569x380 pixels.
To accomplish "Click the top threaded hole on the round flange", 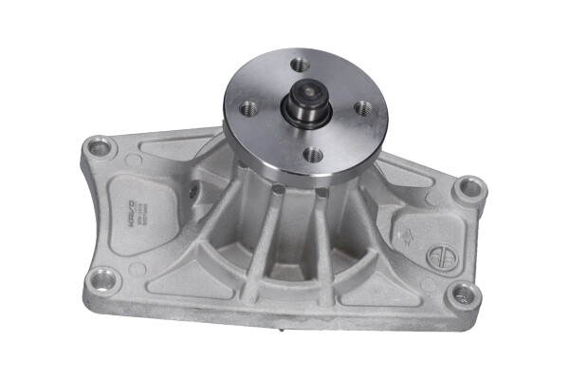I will (x=301, y=65).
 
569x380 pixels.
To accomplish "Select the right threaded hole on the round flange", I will (x=362, y=108).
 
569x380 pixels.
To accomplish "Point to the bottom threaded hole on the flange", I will (x=310, y=153).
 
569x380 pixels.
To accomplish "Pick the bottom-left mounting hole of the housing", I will (x=102, y=279).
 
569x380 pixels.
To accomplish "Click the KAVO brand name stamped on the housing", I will (x=134, y=208).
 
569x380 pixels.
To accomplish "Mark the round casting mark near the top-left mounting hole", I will (x=134, y=160).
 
